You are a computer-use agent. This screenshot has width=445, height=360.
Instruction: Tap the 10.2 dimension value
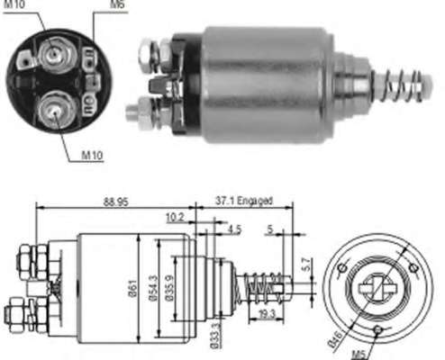click(x=177, y=216)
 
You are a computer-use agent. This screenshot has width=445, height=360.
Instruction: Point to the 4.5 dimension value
click(x=234, y=229)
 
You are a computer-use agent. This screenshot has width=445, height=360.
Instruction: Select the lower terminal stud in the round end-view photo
click(x=55, y=111)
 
